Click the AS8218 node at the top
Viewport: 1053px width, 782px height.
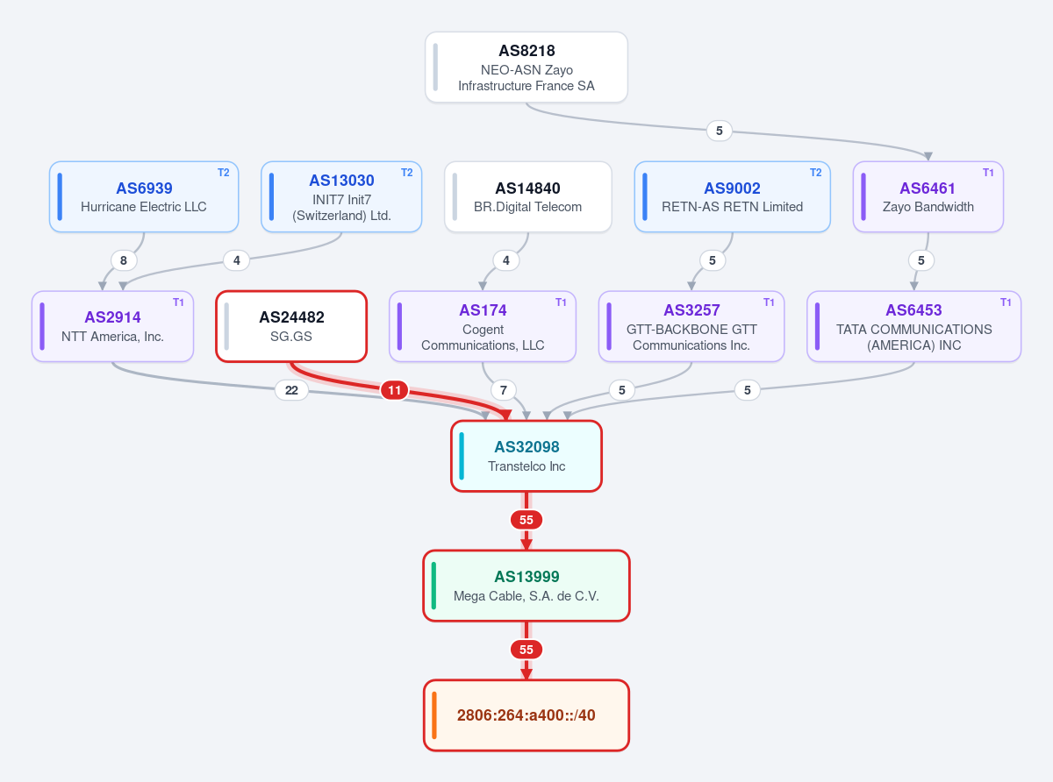(x=526, y=67)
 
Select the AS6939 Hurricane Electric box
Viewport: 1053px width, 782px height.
(x=144, y=196)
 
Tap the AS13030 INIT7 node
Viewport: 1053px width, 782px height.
(x=341, y=196)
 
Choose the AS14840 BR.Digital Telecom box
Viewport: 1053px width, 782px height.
(x=528, y=196)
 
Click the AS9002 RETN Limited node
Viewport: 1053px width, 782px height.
(x=732, y=196)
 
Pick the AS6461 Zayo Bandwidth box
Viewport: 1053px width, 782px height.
(x=928, y=196)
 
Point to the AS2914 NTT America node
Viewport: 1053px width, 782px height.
(x=112, y=326)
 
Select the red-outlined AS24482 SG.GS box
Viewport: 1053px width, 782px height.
(x=291, y=326)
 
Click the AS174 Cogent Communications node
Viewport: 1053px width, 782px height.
(x=483, y=326)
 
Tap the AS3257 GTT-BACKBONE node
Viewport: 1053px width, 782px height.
(x=691, y=326)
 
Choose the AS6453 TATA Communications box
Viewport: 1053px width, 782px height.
(x=913, y=326)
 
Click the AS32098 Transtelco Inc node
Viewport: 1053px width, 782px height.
(x=526, y=456)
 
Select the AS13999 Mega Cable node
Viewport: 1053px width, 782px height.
(x=526, y=586)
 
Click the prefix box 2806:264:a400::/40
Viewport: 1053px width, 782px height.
(x=526, y=715)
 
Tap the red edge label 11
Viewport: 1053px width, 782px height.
(x=394, y=390)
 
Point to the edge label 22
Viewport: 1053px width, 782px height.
(x=291, y=390)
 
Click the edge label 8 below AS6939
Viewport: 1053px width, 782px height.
(x=124, y=260)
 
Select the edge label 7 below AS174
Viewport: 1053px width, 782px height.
(x=503, y=390)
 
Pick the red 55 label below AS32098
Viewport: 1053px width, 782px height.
(x=526, y=520)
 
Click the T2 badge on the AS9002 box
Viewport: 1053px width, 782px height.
(x=815, y=173)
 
